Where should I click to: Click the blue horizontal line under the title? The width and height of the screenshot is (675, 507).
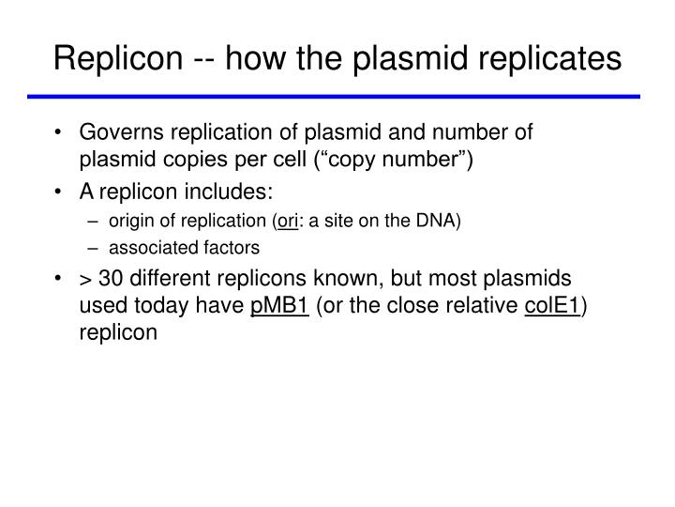tap(337, 96)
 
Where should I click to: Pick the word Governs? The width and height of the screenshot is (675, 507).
tap(120, 132)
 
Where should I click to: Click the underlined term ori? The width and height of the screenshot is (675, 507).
tap(285, 222)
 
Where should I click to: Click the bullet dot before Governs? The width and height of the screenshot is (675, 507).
tap(61, 133)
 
